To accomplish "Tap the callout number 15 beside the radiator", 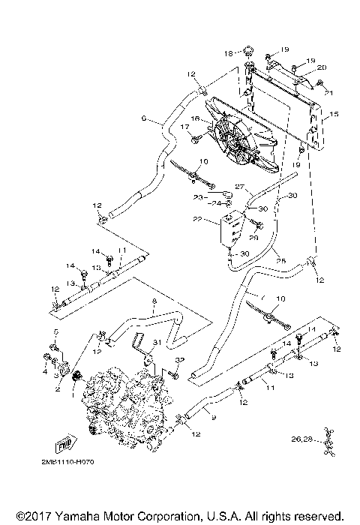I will click(334, 114).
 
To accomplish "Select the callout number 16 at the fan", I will click(193, 118).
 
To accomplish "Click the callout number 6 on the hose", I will click(143, 118).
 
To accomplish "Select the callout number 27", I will click(239, 187).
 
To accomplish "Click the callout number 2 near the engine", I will click(57, 389).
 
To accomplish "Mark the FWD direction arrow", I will click(68, 442).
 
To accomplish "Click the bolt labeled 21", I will click(327, 91).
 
